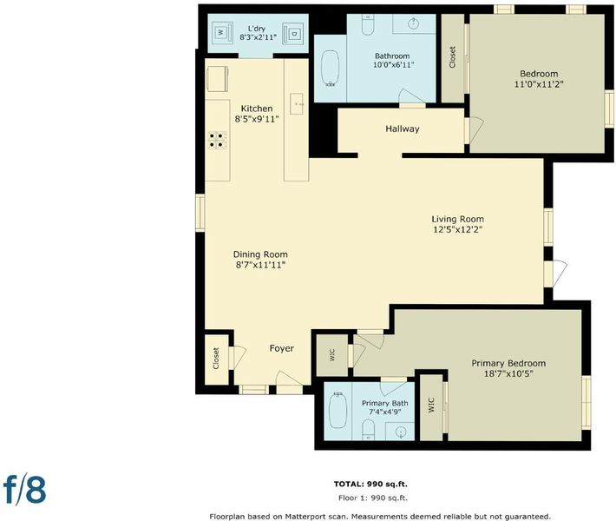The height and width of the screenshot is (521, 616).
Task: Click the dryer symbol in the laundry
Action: coord(292,34)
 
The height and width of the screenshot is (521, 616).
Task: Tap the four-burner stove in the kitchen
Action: coord(218,141)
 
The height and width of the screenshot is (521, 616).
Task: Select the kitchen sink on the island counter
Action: coord(297,104)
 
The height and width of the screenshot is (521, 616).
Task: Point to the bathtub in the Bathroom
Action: coord(330,68)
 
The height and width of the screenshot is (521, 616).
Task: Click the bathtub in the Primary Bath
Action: coord(337,410)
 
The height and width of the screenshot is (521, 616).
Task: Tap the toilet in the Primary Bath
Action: coord(368,429)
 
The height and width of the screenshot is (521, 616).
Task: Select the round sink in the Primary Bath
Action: coord(401,432)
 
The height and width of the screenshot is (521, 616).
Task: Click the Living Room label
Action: coord(458,219)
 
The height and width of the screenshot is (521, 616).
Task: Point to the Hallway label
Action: coord(403,129)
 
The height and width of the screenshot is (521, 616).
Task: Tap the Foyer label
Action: coord(282,348)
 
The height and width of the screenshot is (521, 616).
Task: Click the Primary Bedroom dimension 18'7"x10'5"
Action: coord(508,373)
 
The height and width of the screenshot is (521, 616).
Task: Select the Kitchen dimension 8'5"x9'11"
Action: coord(257,119)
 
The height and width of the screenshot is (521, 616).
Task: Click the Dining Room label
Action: coord(260,254)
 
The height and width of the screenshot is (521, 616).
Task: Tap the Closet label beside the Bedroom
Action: coord(452,57)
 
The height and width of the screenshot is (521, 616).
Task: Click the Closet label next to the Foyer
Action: coord(216,359)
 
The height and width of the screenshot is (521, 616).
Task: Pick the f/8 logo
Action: coord(25,490)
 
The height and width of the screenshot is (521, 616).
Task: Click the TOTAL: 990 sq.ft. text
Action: coord(370,484)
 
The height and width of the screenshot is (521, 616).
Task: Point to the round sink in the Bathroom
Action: coord(413,23)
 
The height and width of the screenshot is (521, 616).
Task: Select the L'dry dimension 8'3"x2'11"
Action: coord(259,37)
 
